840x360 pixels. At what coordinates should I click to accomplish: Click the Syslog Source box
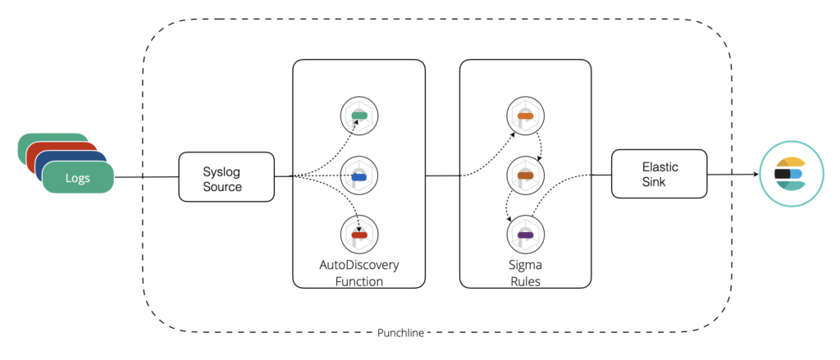226,177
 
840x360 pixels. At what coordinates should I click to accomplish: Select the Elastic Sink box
659,174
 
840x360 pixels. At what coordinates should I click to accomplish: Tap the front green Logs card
78,177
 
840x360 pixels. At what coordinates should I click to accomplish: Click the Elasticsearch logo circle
790,174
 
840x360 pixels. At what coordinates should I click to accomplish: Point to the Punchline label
400,333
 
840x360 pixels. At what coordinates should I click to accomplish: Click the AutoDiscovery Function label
359,273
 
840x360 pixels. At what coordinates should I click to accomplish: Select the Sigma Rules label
526,273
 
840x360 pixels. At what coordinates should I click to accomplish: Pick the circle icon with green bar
359,116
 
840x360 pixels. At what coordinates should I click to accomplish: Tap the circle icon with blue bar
359,175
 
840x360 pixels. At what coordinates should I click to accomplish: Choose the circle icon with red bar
359,235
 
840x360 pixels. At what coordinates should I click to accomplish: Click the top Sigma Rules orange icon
526,116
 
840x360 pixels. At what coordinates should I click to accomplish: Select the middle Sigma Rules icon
526,175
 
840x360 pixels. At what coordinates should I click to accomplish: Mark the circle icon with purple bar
526,235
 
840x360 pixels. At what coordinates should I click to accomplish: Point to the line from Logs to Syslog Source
146,177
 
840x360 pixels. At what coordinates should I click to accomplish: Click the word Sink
654,181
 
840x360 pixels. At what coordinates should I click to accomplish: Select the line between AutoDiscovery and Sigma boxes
442,175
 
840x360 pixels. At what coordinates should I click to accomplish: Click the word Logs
78,178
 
